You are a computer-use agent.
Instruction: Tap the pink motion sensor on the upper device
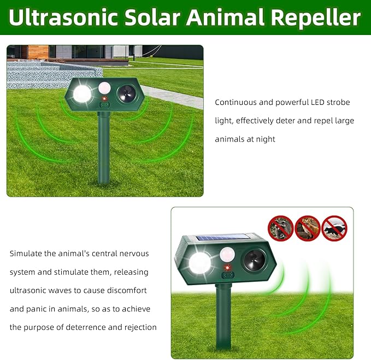click(105, 87)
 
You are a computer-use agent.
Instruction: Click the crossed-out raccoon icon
click(281, 228)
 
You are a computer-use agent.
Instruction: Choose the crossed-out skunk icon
click(334, 228)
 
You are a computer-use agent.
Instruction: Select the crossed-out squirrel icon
click(308, 228)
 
